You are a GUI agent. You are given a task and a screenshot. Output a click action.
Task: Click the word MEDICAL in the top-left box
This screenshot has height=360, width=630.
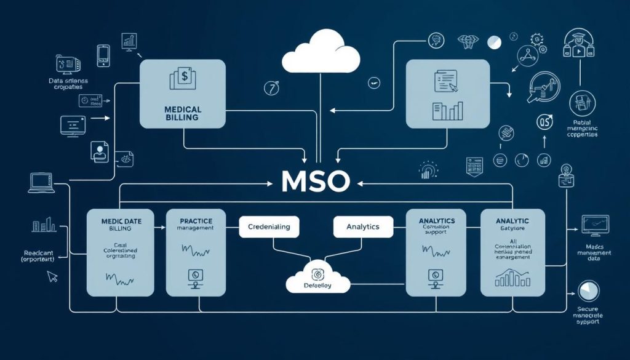point(182,109)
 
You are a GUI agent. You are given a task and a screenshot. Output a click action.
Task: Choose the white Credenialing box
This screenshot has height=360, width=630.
point(268,226)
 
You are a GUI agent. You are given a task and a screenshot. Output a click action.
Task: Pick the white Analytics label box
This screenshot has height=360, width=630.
point(363,226)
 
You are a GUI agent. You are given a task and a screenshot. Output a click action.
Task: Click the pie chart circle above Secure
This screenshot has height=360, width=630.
point(588,290)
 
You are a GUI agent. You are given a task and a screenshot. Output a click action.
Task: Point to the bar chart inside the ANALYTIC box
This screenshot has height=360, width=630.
point(512,278)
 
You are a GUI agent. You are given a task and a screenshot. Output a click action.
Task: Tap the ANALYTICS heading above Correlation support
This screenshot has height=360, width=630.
point(436,220)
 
